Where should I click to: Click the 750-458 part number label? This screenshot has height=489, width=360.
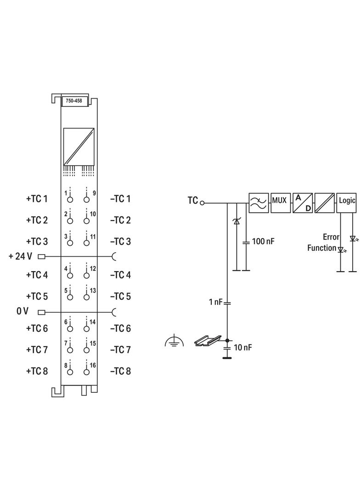pos(73,101)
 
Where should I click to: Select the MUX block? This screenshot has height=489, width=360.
pos(280,203)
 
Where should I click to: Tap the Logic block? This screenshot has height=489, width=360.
pos(346,203)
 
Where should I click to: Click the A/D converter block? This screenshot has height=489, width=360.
pos(302,203)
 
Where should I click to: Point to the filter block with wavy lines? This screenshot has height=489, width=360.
pos(259,203)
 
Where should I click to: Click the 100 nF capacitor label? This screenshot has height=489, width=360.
pos(263,241)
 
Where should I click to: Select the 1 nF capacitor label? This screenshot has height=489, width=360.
pos(215,302)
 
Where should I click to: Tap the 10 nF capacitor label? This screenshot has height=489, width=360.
pos(242,347)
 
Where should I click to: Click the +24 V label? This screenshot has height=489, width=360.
pos(20,256)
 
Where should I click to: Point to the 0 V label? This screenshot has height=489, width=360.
pos(22,311)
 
